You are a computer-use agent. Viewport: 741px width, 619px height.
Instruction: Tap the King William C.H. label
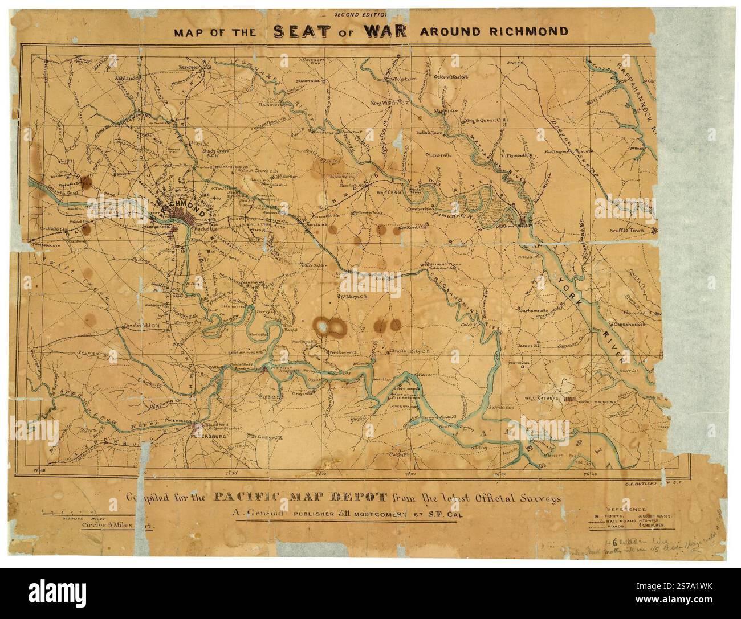tap(390, 103)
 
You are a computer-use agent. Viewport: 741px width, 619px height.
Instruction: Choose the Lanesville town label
tap(442, 154)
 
